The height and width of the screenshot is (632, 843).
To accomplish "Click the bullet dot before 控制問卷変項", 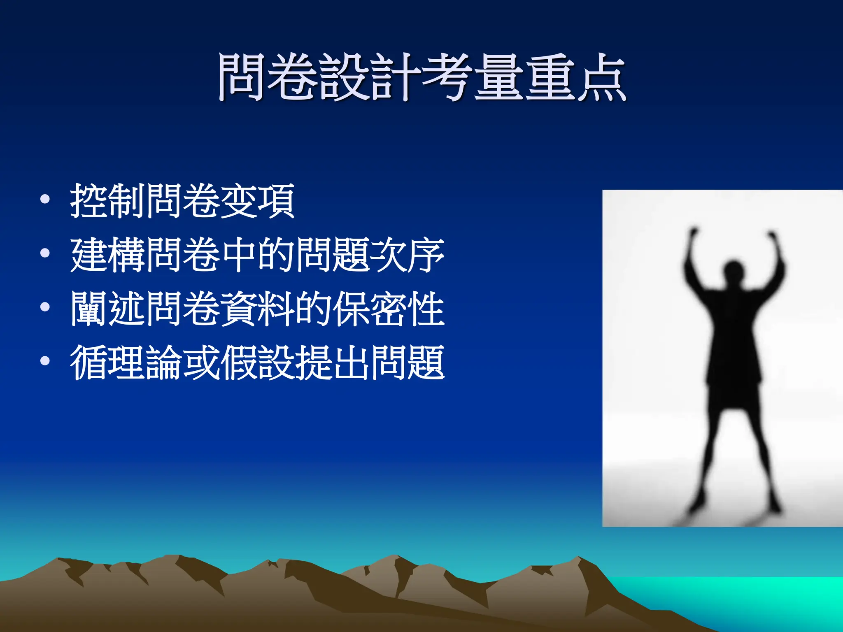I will point(45,200).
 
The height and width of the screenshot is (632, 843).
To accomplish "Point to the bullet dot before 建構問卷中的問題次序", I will point(45,253).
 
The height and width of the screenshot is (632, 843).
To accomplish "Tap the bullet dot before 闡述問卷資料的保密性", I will point(45,307).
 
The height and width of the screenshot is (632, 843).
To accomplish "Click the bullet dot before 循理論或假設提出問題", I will point(45,361).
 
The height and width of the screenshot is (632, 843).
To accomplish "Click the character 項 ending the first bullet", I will point(276,200).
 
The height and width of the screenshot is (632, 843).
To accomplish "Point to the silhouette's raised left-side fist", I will point(694,232).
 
